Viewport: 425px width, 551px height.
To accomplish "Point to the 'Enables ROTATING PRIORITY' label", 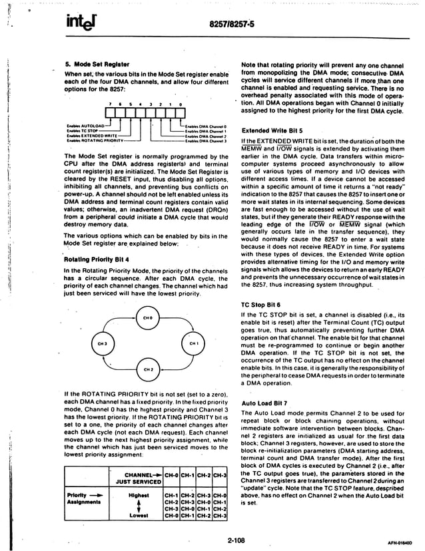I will point(95,141).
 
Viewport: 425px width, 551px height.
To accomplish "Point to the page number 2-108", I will point(233,540).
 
